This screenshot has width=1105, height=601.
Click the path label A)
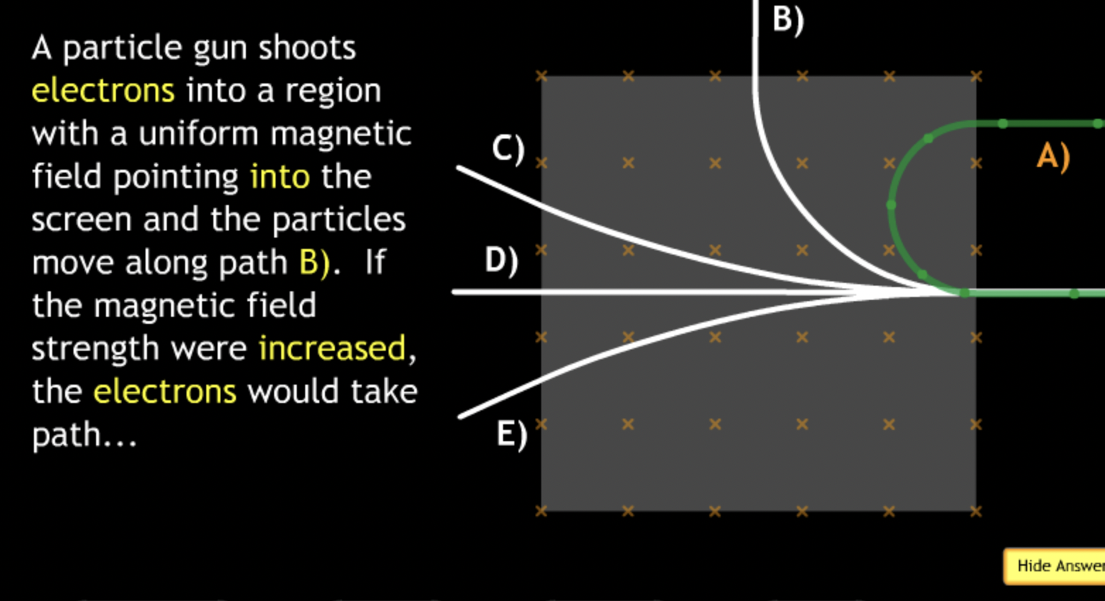click(1053, 156)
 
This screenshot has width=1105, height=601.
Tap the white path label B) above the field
click(788, 19)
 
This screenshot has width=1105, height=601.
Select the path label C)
click(508, 148)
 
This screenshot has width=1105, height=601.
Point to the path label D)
click(501, 260)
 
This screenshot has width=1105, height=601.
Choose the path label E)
click(512, 433)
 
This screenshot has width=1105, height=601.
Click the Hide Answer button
click(1056, 566)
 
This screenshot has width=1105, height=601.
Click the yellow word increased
click(332, 349)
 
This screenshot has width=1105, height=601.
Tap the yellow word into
click(280, 176)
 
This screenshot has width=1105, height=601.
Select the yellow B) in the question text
click(314, 262)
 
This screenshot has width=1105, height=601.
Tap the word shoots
click(307, 47)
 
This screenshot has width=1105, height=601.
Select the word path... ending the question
click(84, 435)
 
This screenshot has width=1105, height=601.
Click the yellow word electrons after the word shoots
click(103, 91)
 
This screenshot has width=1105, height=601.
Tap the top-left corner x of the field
click(541, 76)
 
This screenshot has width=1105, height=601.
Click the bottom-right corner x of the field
click(976, 510)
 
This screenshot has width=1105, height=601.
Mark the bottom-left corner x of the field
click(541, 510)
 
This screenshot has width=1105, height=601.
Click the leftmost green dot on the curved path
click(892, 205)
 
